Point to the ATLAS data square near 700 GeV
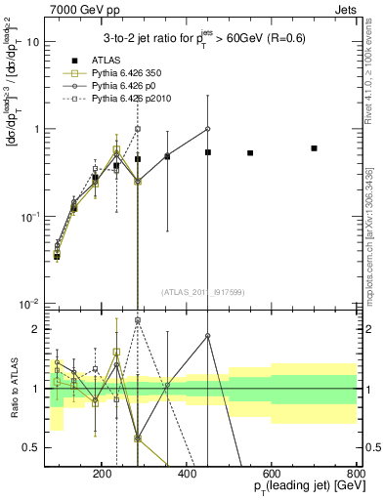coord(314,148)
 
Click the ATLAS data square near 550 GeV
coord(250,153)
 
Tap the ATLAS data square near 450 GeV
coord(208,152)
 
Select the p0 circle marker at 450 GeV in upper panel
coord(208,129)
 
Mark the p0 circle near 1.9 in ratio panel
coord(208,336)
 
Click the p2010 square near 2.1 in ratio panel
coord(138,319)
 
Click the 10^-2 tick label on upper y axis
coord(31,303)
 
